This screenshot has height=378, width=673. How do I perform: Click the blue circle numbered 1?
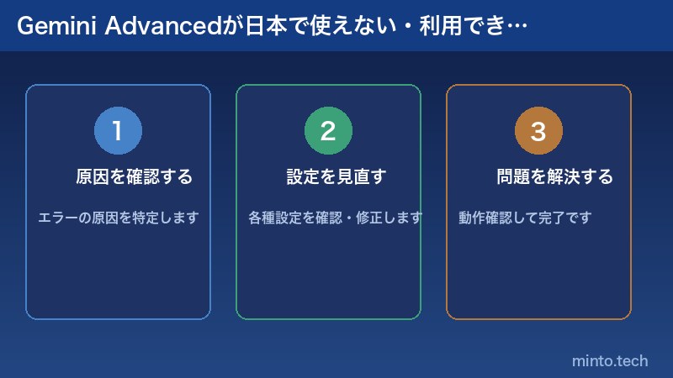coord(118,131)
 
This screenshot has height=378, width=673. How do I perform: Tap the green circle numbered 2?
coord(328,131)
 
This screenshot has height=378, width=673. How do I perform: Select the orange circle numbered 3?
coord(538,131)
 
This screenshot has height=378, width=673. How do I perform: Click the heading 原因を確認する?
coord(135,177)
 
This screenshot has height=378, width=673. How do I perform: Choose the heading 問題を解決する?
coord(554,177)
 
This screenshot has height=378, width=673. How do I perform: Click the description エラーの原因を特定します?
coord(119,218)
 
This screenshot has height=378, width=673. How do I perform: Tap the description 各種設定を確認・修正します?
coord(336,218)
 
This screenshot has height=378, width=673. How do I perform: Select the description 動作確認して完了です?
coord(525,218)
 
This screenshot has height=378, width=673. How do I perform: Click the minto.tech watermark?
coord(610,361)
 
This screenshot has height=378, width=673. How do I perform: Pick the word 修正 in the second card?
coord(371,218)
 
